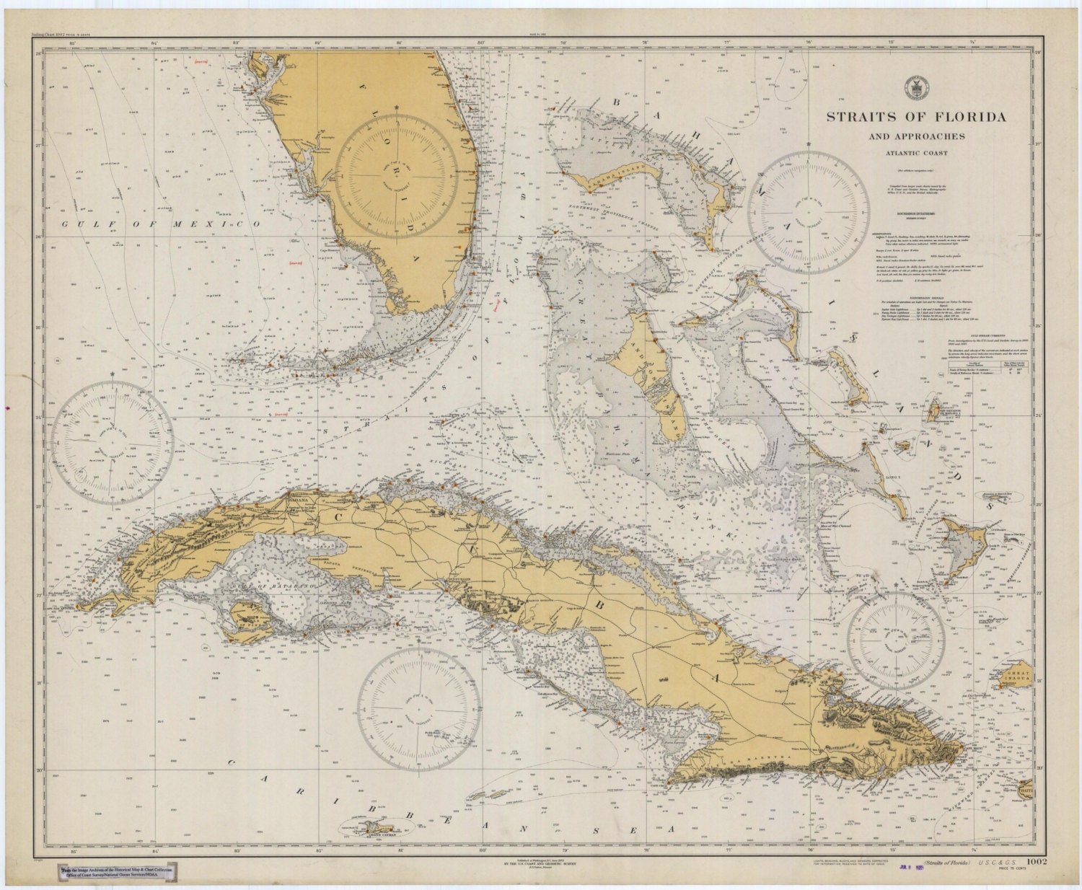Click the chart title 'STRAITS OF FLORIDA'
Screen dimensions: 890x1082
tap(915, 117)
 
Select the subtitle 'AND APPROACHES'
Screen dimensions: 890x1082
tap(916, 136)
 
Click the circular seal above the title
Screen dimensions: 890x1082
tap(916, 87)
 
